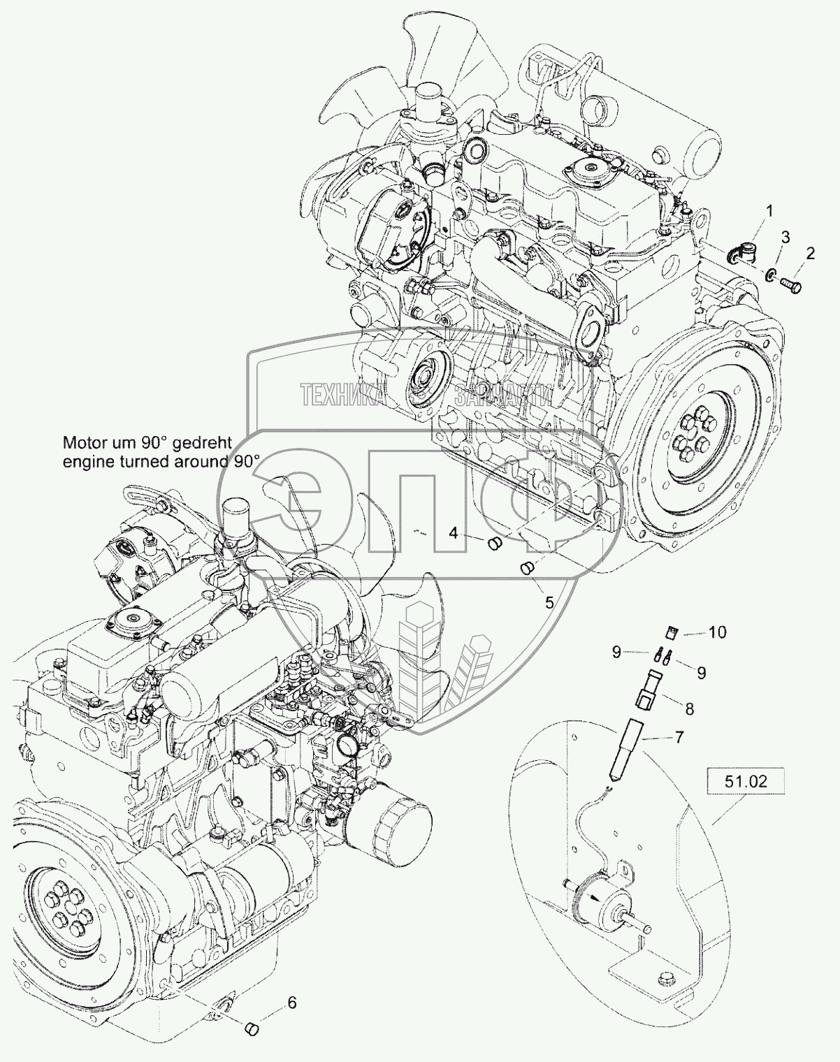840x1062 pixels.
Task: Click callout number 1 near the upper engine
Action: click(x=769, y=210)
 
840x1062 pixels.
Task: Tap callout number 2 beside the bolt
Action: click(x=809, y=254)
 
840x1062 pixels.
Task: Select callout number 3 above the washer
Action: click(x=785, y=237)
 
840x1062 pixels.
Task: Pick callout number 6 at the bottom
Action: click(x=291, y=1003)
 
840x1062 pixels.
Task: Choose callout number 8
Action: click(x=689, y=709)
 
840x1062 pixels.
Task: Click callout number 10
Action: click(x=717, y=632)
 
